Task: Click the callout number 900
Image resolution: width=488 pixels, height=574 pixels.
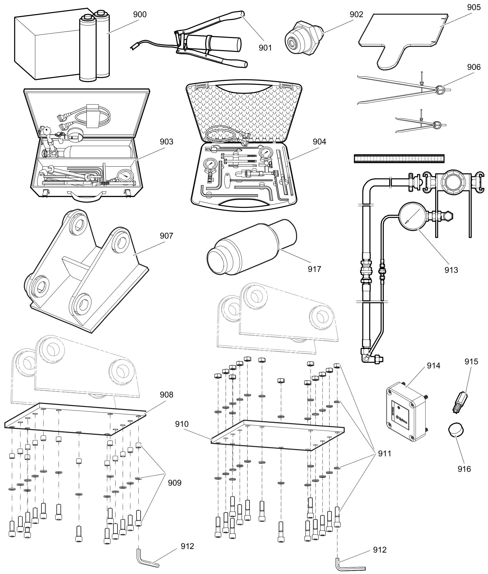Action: click(x=140, y=14)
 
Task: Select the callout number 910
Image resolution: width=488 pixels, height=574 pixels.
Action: click(x=182, y=424)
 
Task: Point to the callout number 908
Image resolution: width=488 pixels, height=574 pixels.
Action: click(x=166, y=395)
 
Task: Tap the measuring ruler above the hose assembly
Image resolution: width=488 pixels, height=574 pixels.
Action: click(x=399, y=158)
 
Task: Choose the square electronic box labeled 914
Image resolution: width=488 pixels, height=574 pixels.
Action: click(x=406, y=412)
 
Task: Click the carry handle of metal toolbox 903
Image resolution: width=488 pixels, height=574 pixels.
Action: click(x=86, y=196)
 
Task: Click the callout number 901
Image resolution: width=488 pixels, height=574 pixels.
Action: click(x=265, y=48)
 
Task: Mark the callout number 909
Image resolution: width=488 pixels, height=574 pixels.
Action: click(x=175, y=483)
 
